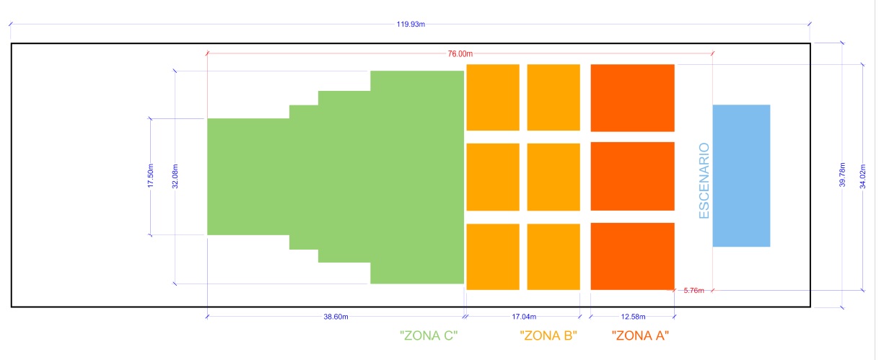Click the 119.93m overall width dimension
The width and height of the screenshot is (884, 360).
point(411,24)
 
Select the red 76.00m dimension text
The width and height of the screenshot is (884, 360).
point(460,53)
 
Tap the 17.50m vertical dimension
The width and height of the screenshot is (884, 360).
point(151,176)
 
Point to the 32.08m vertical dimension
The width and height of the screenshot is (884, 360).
point(175,177)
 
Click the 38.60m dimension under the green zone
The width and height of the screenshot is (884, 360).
point(336,317)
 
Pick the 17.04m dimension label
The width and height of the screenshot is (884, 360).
point(523,317)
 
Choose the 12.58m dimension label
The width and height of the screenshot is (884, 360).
point(633,317)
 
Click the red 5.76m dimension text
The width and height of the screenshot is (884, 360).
point(693,291)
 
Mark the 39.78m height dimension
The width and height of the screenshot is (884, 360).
point(842,175)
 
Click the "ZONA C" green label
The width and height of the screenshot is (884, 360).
point(429,335)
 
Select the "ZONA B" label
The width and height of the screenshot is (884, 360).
point(548,335)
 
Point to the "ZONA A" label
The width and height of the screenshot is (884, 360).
point(640,335)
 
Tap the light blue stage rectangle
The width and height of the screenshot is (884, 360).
point(741,175)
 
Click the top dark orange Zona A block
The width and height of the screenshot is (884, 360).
point(633,98)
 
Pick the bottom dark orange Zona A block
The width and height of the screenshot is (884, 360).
point(633,256)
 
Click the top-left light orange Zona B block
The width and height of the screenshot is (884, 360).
point(493,97)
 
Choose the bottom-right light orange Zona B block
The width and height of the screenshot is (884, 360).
point(553,256)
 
